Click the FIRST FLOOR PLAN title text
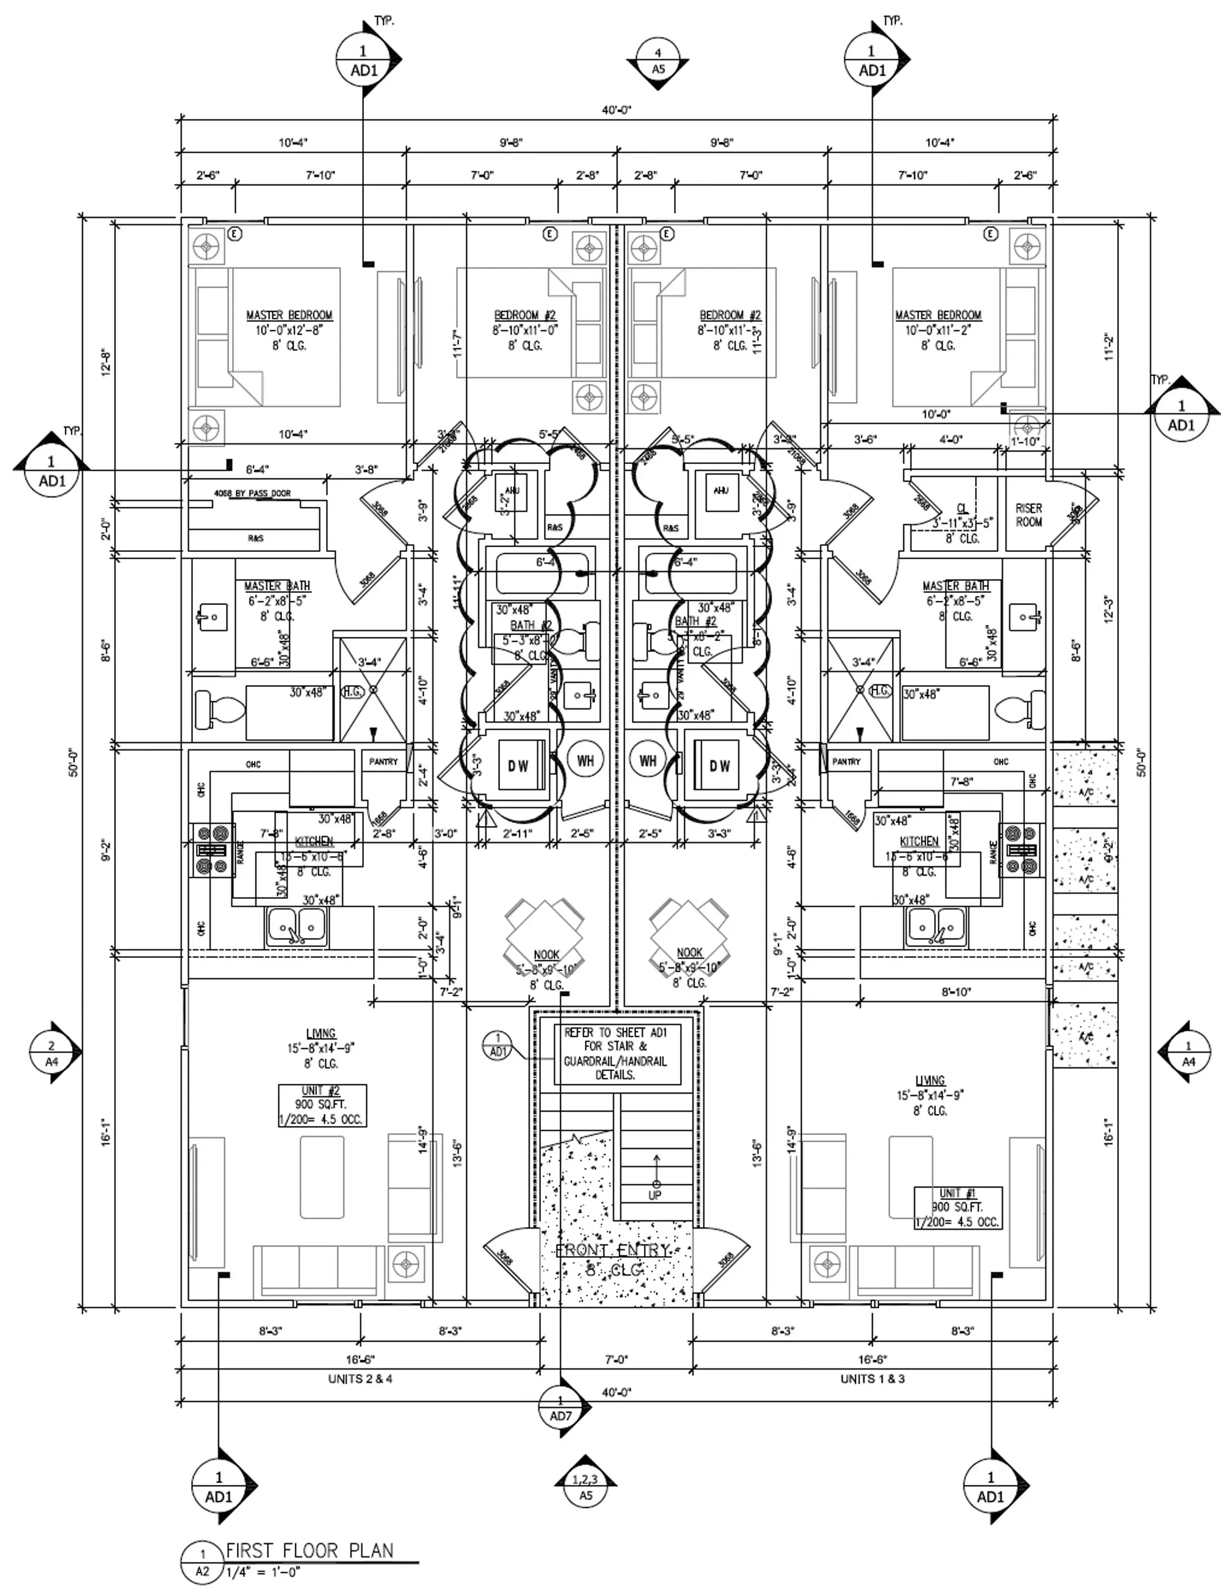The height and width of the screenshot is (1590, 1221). [310, 1550]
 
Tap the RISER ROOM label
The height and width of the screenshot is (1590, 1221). [1029, 515]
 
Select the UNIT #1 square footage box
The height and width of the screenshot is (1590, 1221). [958, 1207]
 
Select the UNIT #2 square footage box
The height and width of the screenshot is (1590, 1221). [322, 1105]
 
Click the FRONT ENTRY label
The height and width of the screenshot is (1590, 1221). [613, 1250]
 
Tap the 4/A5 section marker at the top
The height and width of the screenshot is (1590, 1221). [659, 62]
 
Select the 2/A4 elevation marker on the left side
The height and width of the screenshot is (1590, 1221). [52, 1052]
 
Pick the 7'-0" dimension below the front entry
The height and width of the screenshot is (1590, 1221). [617, 1359]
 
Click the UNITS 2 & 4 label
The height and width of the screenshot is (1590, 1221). [360, 1379]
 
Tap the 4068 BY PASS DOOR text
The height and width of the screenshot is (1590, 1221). [252, 493]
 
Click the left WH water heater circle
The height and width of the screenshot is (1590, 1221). [585, 760]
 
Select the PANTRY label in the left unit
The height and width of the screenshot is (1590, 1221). [383, 761]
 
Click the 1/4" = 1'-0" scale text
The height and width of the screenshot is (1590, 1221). [263, 1572]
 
